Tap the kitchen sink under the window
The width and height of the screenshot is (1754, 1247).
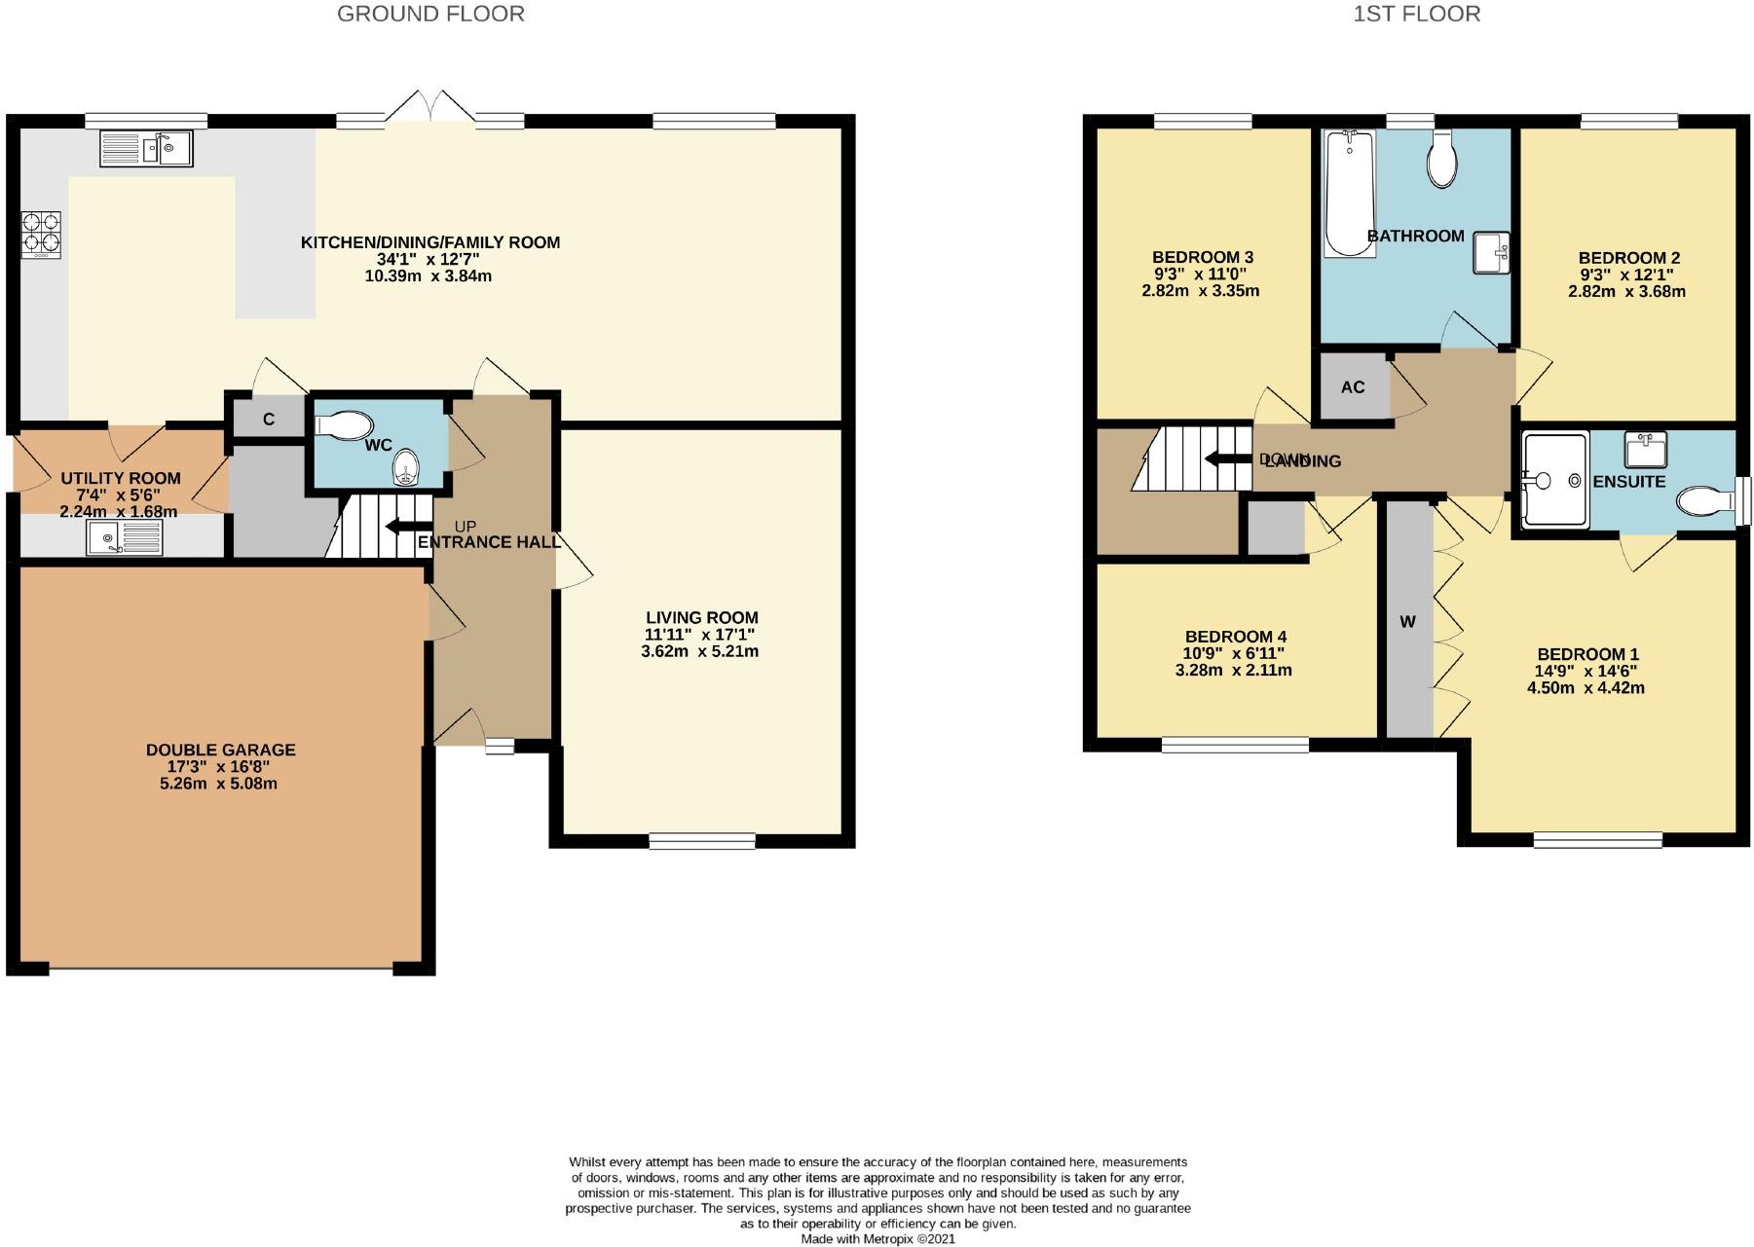coord(146,149)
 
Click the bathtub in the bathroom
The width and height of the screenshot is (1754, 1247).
coord(1349,194)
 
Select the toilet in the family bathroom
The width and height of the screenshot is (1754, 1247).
coord(1441,160)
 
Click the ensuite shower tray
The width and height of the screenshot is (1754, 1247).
coord(1555,480)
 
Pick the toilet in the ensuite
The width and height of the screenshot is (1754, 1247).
coord(1707,500)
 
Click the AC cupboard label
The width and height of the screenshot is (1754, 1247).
coord(1353,387)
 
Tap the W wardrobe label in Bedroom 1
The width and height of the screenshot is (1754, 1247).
coord(1407,621)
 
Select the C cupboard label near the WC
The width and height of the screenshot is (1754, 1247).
coord(269,420)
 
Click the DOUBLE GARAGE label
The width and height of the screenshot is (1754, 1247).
coord(220,750)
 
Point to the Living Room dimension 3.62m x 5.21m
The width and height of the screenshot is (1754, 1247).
coord(699,651)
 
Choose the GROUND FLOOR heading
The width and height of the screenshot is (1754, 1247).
coord(430,14)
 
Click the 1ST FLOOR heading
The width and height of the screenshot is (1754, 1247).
coord(1417,14)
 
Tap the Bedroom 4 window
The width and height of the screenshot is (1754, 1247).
coord(1235,745)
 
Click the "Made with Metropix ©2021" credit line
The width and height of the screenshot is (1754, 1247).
coord(877,1239)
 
